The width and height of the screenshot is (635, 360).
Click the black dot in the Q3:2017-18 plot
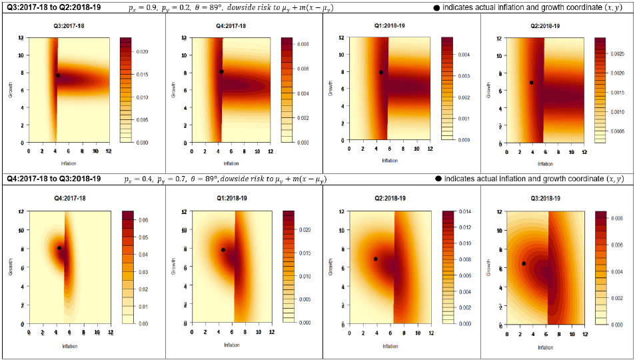pos(58,75)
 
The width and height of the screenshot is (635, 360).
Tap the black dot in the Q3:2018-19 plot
pos(524,263)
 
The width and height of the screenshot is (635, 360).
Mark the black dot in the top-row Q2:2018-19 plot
pos(531,83)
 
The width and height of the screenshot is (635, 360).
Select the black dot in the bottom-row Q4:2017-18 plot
pos(59,248)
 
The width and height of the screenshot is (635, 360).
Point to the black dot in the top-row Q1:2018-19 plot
pos(380,73)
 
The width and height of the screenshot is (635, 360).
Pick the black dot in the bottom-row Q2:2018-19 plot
pos(375,259)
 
